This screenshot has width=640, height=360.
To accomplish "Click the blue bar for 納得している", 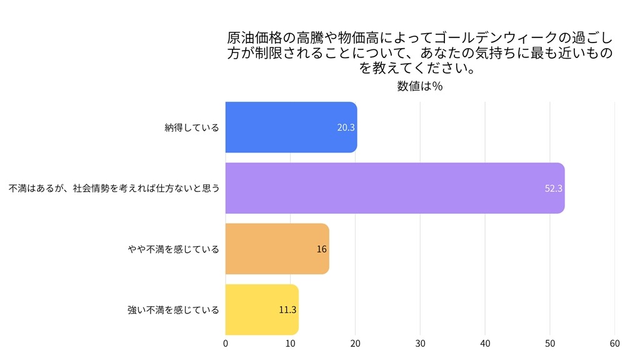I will click(291, 127).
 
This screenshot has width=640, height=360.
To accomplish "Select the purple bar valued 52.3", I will click(394, 188).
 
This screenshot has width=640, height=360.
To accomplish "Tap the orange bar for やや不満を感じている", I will click(277, 249).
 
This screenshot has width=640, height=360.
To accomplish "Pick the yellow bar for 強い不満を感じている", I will click(262, 309).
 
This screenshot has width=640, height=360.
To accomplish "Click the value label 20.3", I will click(346, 127).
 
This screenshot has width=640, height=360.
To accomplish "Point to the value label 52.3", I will click(554, 188).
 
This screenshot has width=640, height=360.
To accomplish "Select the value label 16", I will click(322, 249).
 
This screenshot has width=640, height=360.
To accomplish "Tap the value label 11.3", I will click(287, 309).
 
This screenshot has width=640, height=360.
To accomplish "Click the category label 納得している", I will click(192, 127).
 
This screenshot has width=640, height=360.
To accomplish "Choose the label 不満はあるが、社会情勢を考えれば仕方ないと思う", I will click(114, 188).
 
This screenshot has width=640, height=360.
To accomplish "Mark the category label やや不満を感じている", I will click(173, 249).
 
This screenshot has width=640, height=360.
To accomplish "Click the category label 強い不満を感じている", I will click(173, 309).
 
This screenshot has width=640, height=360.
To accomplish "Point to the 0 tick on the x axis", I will click(226, 342).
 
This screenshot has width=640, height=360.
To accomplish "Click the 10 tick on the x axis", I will click(291, 342).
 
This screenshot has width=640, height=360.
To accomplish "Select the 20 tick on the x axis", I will click(356, 342).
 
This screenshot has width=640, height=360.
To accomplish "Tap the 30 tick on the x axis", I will click(420, 342).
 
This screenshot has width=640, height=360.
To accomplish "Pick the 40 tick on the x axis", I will click(485, 342).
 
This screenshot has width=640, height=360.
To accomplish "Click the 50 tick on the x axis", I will click(550, 342).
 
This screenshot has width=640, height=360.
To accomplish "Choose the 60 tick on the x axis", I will click(615, 342).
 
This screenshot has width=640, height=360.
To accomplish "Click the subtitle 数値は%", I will click(420, 86).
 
